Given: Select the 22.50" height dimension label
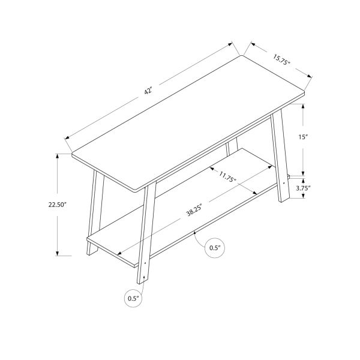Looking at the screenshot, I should [x=58, y=204].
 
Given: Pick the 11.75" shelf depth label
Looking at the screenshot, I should [x=227, y=177].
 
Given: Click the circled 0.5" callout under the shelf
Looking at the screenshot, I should [x=215, y=247].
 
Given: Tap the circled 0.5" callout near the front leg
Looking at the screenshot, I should [x=133, y=297].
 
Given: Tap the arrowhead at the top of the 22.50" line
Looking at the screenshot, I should [x=58, y=155].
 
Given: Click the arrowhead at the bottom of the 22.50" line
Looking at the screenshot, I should [x=58, y=253].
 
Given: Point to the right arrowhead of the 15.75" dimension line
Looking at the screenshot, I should [x=311, y=76].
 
